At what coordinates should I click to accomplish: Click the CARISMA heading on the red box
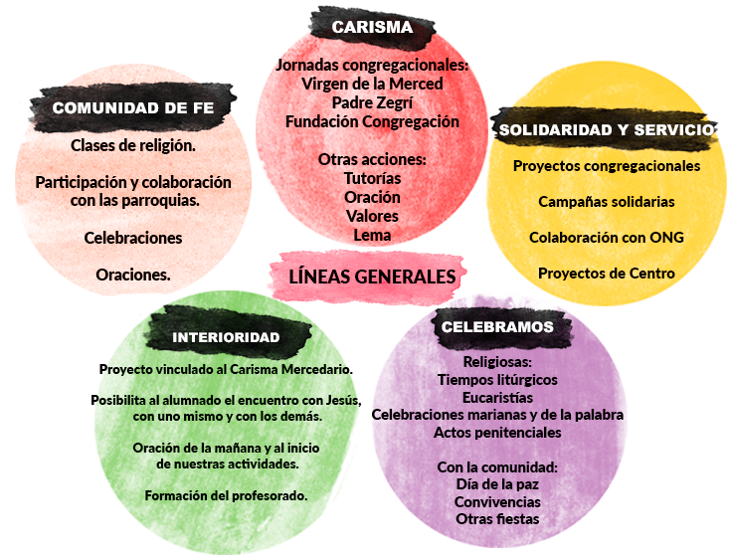coord(372,27)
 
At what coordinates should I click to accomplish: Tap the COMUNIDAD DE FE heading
coord(132,108)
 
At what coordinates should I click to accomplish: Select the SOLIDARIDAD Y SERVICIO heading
coord(606,129)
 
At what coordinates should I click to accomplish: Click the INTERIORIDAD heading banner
coord(226,336)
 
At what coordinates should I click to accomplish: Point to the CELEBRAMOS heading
coord(497,325)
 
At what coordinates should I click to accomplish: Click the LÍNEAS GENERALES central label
coord(372,277)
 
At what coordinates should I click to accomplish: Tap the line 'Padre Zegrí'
coord(372,102)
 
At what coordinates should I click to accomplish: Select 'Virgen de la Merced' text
coord(372,84)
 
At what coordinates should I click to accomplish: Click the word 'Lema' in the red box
coord(372,235)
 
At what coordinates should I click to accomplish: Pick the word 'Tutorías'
coord(372,178)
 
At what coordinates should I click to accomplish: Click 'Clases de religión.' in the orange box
coord(133,145)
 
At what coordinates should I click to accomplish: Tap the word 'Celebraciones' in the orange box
coord(133,238)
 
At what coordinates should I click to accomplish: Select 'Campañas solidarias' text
coord(607,201)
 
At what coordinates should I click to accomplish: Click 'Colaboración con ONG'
coord(607,237)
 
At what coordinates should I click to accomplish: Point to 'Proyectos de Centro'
coord(607,273)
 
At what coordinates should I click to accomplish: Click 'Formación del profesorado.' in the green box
coord(226,494)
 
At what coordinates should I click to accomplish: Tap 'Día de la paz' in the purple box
coord(497,484)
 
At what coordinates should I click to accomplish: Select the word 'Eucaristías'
coord(497,397)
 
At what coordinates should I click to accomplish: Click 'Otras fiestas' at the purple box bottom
coord(497,518)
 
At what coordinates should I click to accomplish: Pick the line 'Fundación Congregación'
coord(372,121)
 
